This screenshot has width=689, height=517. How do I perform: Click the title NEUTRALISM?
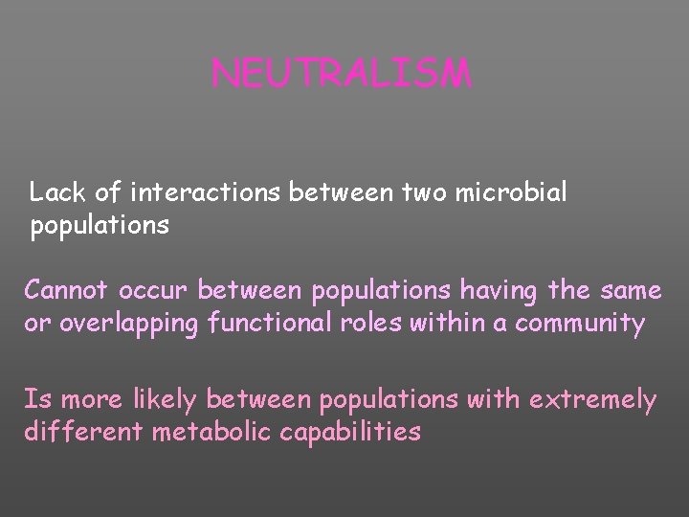tap(342, 74)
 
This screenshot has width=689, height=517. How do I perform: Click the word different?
tap(79, 433)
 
